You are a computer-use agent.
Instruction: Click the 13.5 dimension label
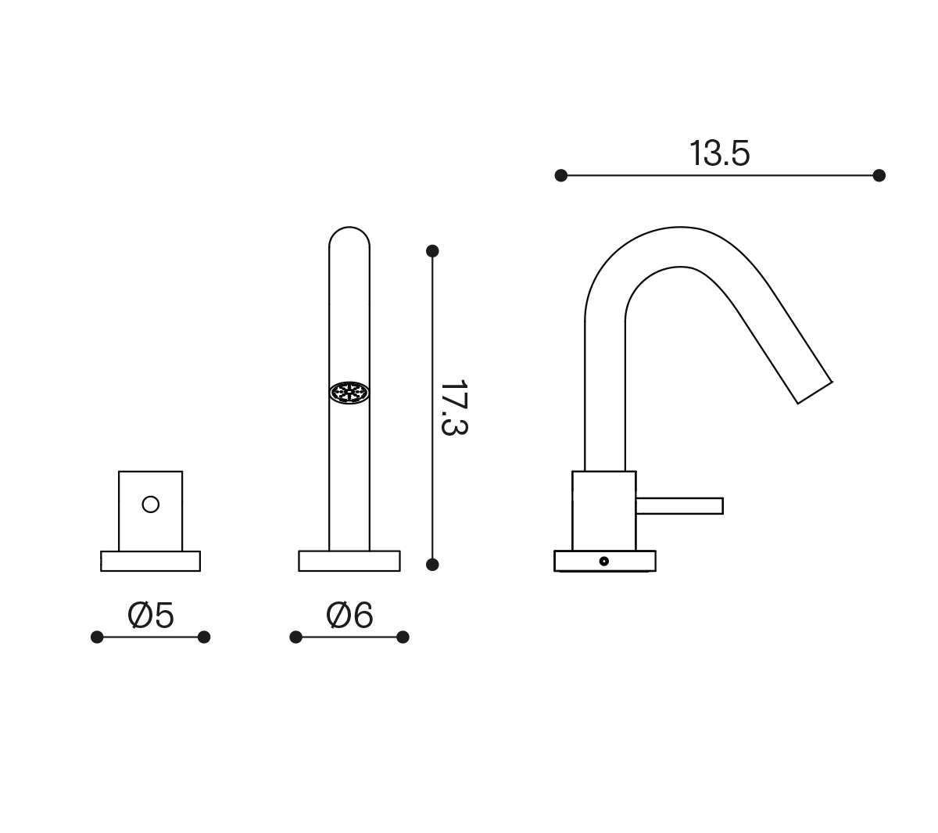719,153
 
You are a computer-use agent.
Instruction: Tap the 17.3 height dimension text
454,408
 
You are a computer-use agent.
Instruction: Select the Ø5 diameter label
150,616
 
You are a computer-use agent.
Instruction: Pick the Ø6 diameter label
349,616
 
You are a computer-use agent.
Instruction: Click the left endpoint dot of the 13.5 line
560,175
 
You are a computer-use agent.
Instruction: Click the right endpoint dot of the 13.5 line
879,175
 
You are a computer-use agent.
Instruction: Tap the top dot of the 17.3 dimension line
432,251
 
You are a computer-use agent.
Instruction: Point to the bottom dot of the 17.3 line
432,564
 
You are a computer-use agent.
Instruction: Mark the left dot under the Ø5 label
97,637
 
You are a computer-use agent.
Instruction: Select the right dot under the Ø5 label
204,637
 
